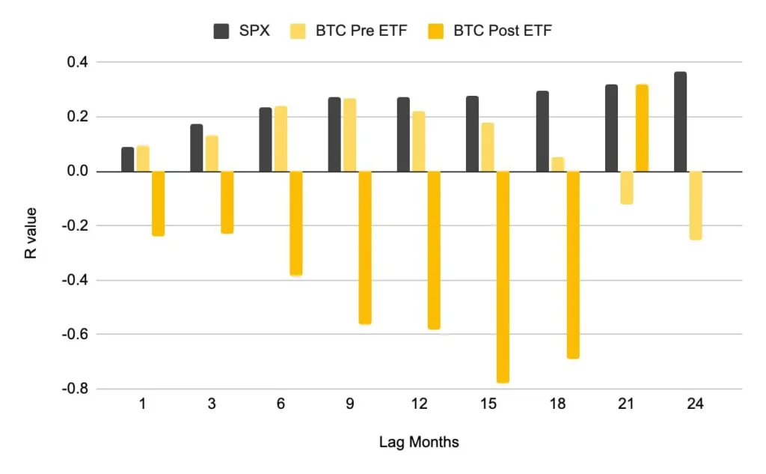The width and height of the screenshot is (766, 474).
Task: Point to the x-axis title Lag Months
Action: click(419, 443)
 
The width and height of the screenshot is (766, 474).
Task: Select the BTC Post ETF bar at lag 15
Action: click(503, 277)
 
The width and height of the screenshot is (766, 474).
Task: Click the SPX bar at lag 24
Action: click(680, 122)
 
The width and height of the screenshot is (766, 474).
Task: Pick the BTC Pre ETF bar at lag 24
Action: click(696, 205)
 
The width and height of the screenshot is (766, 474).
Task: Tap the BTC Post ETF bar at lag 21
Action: click(642, 128)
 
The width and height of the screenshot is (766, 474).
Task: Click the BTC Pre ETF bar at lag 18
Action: click(557, 164)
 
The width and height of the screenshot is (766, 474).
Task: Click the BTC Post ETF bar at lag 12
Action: click(434, 250)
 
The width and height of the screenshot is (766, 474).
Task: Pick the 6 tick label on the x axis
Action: click(281, 404)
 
